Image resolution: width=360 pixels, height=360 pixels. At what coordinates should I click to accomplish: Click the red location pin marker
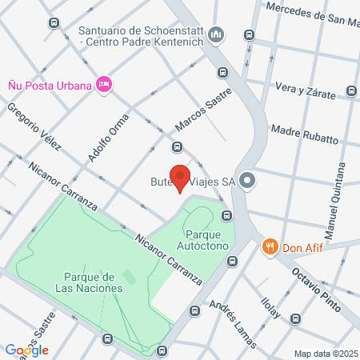(x=182, y=178)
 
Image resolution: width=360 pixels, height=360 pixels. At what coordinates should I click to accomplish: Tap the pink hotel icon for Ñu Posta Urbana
(x=103, y=84)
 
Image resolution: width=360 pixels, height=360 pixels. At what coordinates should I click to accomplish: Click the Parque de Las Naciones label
(x=89, y=282)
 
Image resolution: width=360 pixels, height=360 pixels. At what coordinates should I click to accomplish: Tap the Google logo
(x=26, y=350)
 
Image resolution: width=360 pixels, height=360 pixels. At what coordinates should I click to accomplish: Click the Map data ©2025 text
(x=324, y=353)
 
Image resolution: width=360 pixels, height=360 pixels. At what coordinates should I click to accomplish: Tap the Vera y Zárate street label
(x=305, y=90)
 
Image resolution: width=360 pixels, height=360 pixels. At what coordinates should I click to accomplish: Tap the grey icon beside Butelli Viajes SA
(x=248, y=182)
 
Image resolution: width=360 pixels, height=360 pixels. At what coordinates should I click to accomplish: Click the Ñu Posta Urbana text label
(x=47, y=83)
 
